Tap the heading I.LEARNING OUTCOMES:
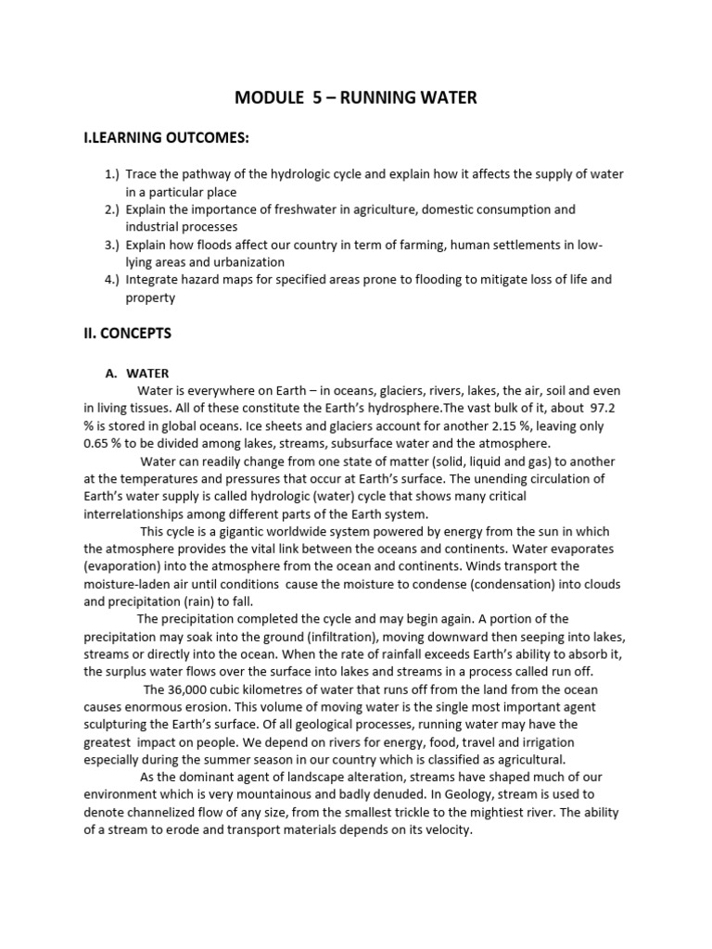[x=167, y=138]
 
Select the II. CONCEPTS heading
[x=127, y=332]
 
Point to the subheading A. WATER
[x=136, y=373]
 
